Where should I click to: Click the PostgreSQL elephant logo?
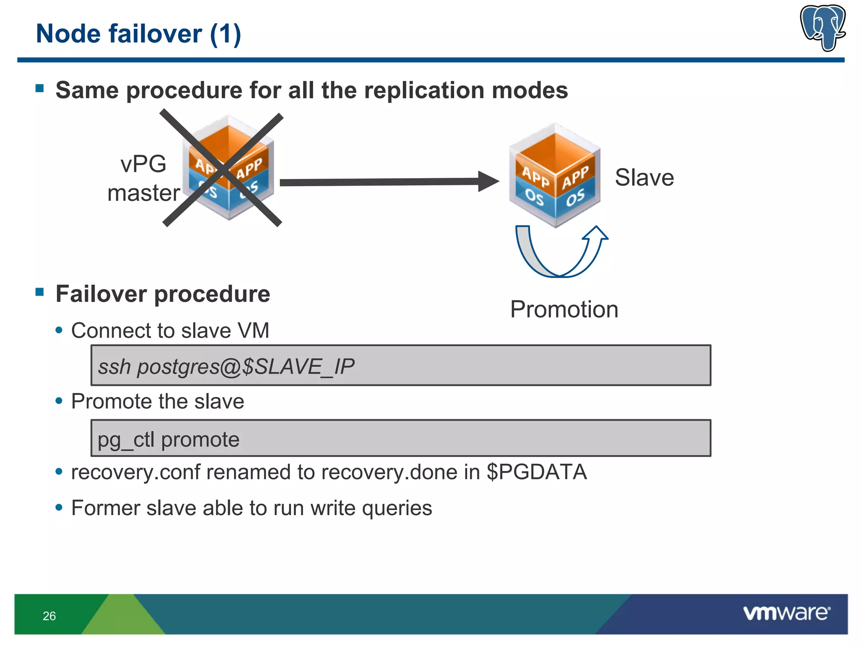click(823, 27)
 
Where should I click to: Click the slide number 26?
click(49, 616)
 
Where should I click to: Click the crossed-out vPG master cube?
click(228, 168)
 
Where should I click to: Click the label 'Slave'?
click(644, 177)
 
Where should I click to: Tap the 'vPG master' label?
click(144, 179)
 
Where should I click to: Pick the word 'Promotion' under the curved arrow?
click(564, 310)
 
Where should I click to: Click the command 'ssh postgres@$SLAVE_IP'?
click(226, 366)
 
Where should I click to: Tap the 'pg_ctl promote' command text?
click(168, 440)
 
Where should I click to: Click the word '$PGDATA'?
click(537, 472)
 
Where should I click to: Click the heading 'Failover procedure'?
click(163, 294)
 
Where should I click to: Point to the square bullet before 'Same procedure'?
click(40, 88)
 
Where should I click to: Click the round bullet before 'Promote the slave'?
click(59, 401)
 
